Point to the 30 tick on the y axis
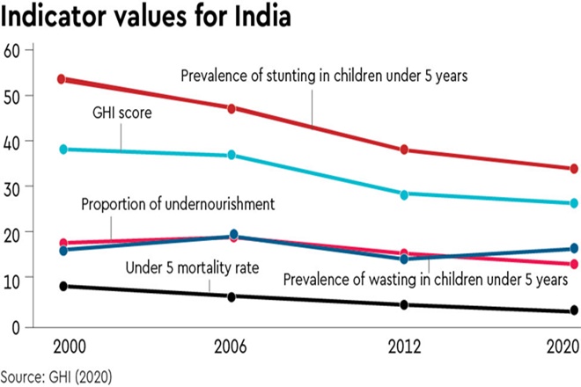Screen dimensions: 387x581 (11, 186)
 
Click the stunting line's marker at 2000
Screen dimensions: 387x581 (61, 79)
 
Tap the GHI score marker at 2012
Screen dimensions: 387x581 (404, 194)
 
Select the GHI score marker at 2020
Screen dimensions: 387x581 (574, 203)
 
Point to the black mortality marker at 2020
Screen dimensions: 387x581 (574, 310)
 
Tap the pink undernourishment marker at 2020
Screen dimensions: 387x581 (574, 264)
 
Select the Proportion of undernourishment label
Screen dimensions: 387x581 (178, 205)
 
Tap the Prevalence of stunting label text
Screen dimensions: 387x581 (323, 76)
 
